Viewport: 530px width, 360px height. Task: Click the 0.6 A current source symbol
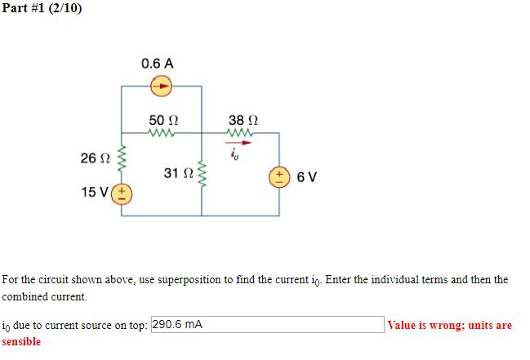[162, 84]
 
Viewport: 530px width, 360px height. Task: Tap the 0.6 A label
[157, 63]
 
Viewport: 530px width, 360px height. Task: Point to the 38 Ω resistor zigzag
[243, 132]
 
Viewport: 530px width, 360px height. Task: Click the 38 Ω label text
[243, 119]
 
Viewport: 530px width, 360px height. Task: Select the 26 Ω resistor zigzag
[122, 160]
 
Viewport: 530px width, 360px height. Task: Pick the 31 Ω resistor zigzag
[202, 174]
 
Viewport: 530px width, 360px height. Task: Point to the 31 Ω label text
[176, 173]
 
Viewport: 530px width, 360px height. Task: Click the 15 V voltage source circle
[123, 194]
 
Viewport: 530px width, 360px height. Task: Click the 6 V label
[307, 176]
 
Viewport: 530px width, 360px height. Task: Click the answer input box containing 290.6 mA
[267, 324]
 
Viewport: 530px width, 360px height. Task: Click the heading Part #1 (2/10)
[42, 9]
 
